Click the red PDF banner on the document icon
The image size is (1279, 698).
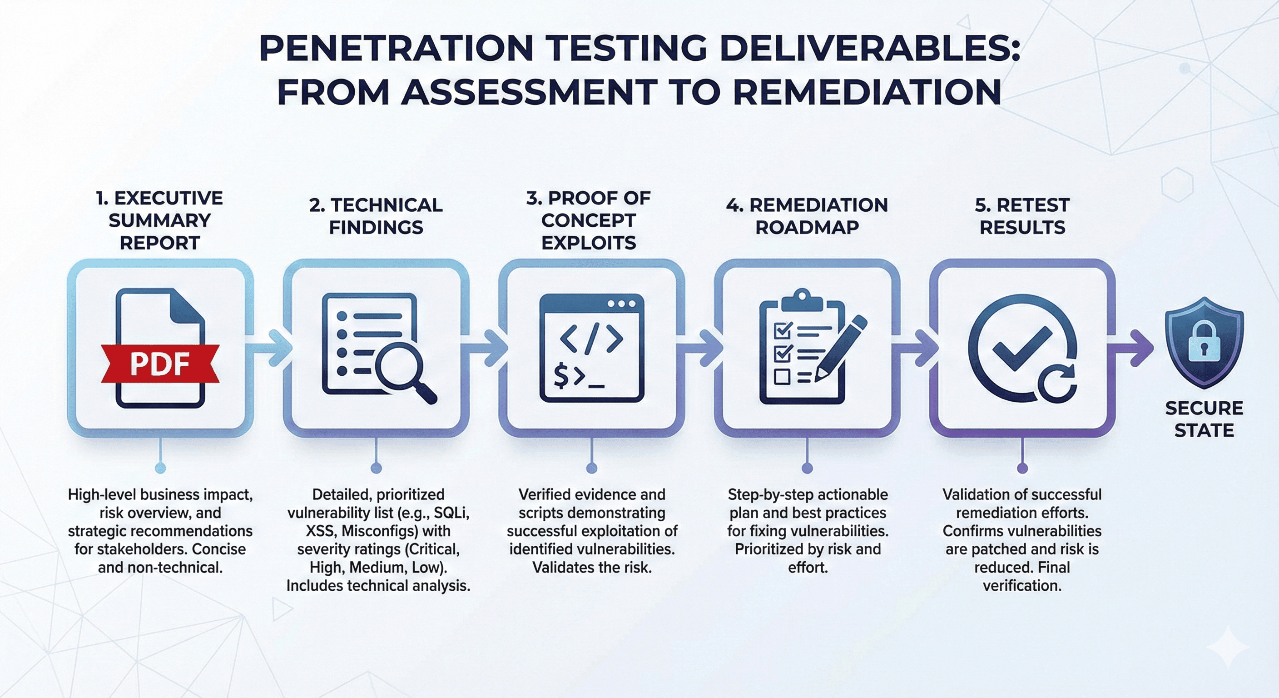pyautogui.click(x=160, y=363)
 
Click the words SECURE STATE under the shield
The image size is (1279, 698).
pyautogui.click(x=1204, y=419)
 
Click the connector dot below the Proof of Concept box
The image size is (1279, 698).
pyautogui.click(x=591, y=468)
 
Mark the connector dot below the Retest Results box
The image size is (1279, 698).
pyautogui.click(x=1022, y=468)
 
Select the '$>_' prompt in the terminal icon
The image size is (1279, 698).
pyautogui.click(x=579, y=377)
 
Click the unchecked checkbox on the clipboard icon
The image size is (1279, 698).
pyautogui.click(x=782, y=377)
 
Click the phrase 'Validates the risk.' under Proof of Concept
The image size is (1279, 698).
pyautogui.click(x=591, y=567)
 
